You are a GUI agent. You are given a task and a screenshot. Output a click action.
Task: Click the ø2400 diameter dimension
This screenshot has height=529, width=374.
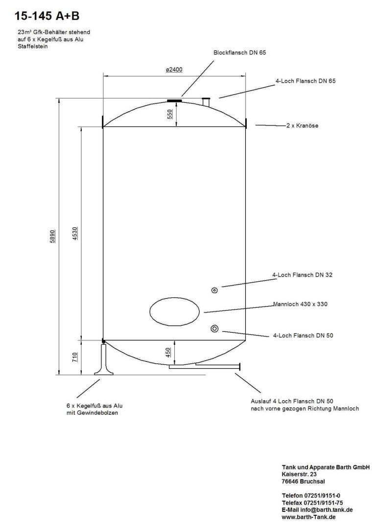174,70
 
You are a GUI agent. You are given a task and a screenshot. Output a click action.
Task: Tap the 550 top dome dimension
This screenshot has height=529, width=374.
170,114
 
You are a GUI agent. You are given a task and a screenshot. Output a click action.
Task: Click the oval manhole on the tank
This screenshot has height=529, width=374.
174,312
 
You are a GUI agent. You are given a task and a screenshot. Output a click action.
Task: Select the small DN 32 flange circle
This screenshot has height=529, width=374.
215,290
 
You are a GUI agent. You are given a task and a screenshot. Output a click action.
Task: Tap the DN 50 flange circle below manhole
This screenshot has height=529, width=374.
215,328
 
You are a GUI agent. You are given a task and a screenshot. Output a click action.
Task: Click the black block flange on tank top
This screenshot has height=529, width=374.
174,101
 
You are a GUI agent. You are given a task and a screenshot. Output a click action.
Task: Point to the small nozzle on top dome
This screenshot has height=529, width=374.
206,102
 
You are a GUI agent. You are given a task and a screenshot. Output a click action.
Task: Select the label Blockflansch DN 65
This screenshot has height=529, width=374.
239,52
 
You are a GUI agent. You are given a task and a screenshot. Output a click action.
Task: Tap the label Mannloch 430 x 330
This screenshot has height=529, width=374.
300,304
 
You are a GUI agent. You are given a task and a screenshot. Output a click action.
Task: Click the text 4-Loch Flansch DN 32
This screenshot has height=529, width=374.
302,275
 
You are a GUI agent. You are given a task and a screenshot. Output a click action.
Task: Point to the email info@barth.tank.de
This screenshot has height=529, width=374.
317,509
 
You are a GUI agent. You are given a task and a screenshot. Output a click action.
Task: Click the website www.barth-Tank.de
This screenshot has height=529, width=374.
308,516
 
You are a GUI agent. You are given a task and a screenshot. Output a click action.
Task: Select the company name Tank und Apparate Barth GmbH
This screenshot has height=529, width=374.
326,467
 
